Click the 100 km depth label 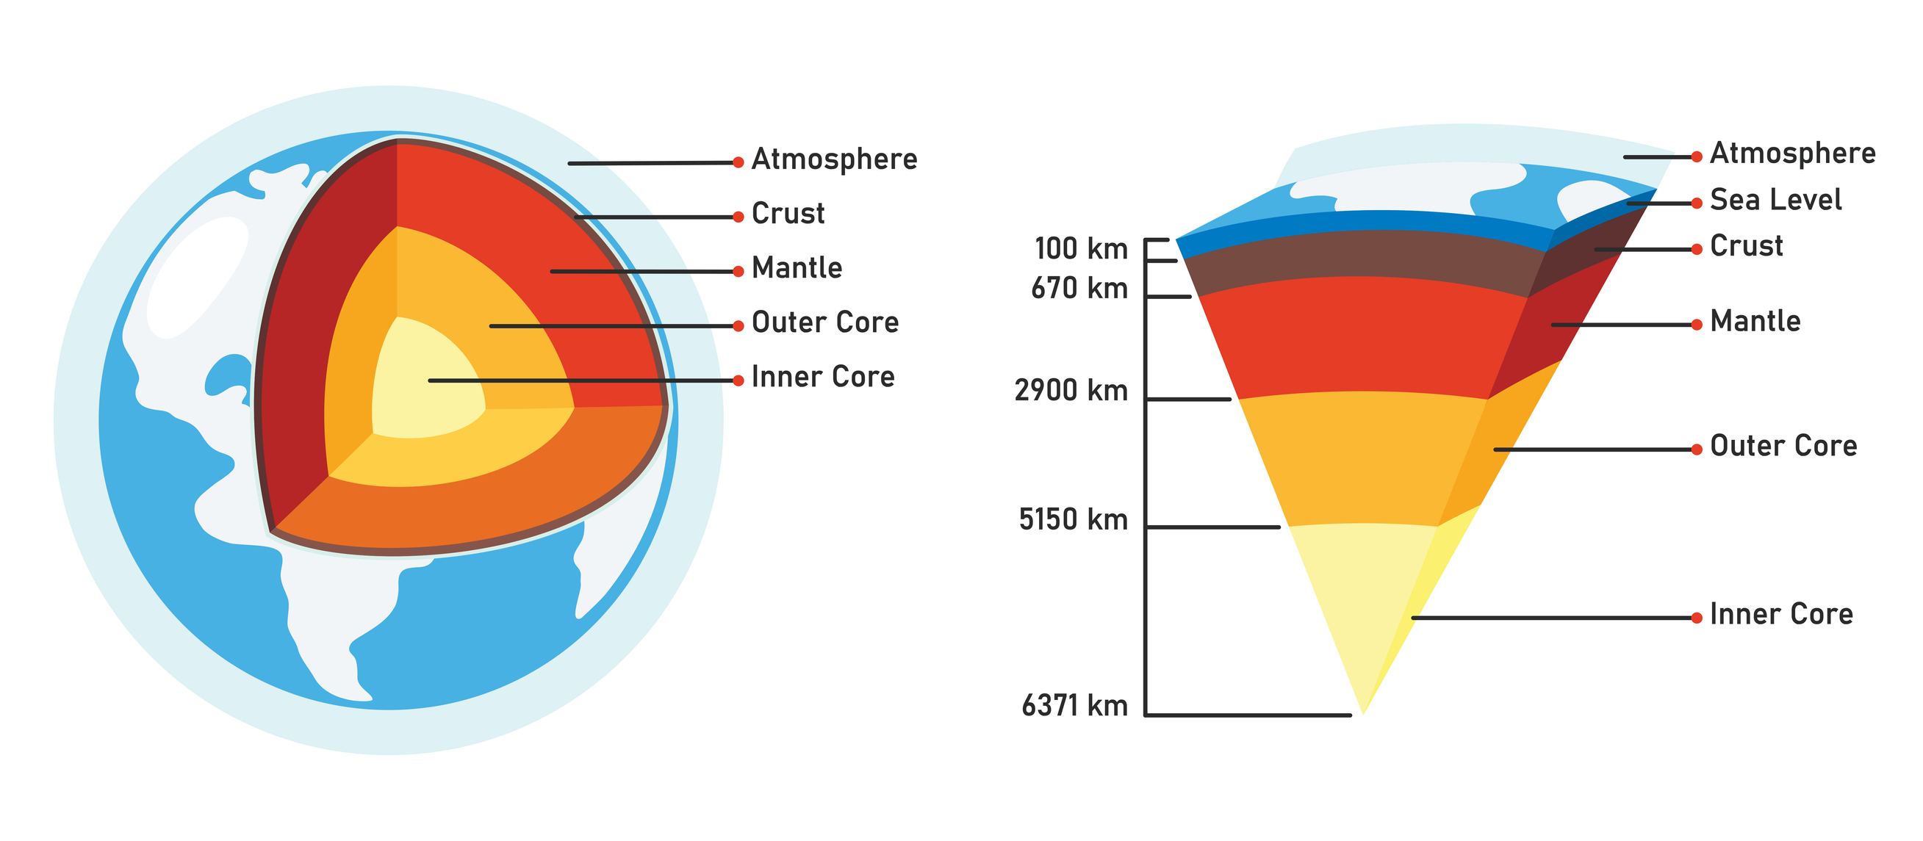(x=1080, y=248)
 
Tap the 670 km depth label (x=1079, y=288)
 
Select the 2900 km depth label (x=1071, y=390)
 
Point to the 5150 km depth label (x=1073, y=519)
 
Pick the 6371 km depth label (x=1074, y=705)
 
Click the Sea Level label (x=1775, y=200)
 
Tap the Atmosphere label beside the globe (x=834, y=159)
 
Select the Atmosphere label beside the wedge (x=1792, y=153)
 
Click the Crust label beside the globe (x=788, y=214)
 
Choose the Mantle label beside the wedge (x=1755, y=322)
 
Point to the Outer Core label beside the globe (x=825, y=322)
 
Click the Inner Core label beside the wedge (x=1781, y=614)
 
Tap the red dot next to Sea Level (x=1696, y=203)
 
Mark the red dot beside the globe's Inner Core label (x=738, y=380)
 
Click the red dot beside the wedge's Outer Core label (x=1696, y=450)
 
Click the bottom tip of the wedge (x=1363, y=712)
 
